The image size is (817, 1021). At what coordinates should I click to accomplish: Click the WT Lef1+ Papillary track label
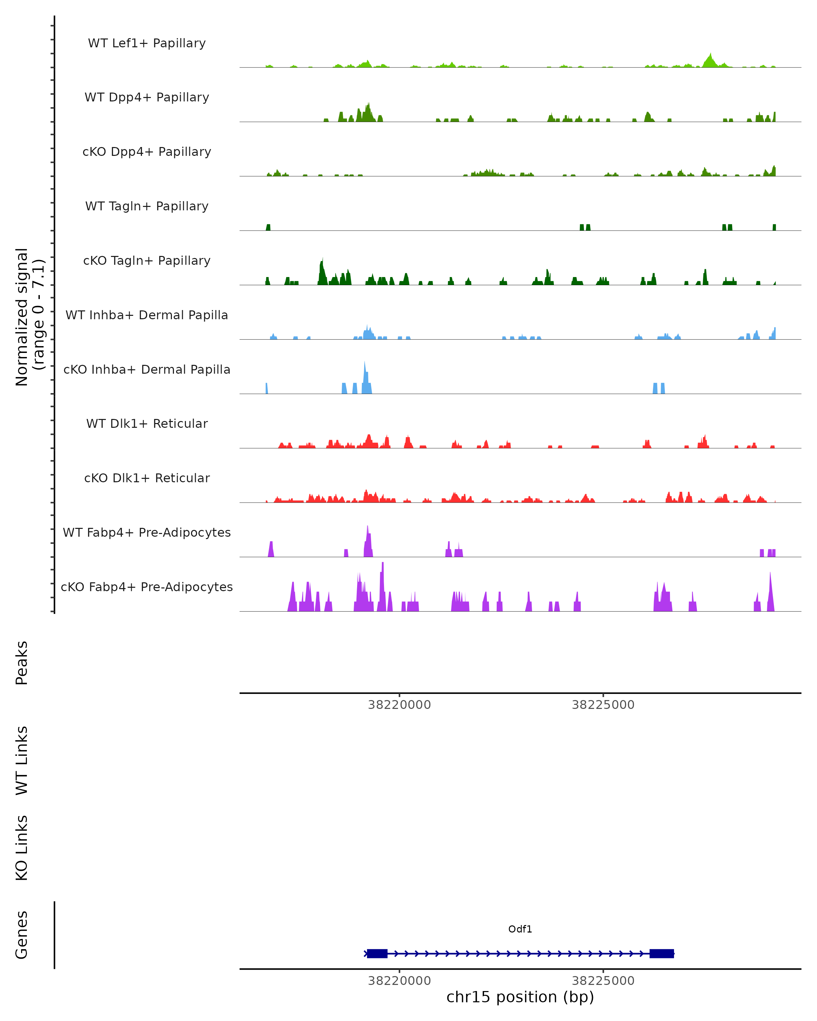click(147, 43)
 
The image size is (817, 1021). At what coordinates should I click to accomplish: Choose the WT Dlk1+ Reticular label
click(147, 423)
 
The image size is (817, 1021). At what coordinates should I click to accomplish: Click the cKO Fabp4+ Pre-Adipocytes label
click(147, 587)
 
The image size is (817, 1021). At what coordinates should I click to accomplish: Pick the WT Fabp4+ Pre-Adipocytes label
click(147, 532)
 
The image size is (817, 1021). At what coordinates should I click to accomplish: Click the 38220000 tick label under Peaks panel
click(399, 705)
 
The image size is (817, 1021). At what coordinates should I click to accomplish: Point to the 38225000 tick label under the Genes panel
click(603, 981)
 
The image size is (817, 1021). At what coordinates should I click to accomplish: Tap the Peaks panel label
click(22, 663)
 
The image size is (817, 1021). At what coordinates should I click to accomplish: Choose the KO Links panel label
click(22, 848)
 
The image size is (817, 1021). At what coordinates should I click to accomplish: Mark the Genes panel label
click(22, 935)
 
